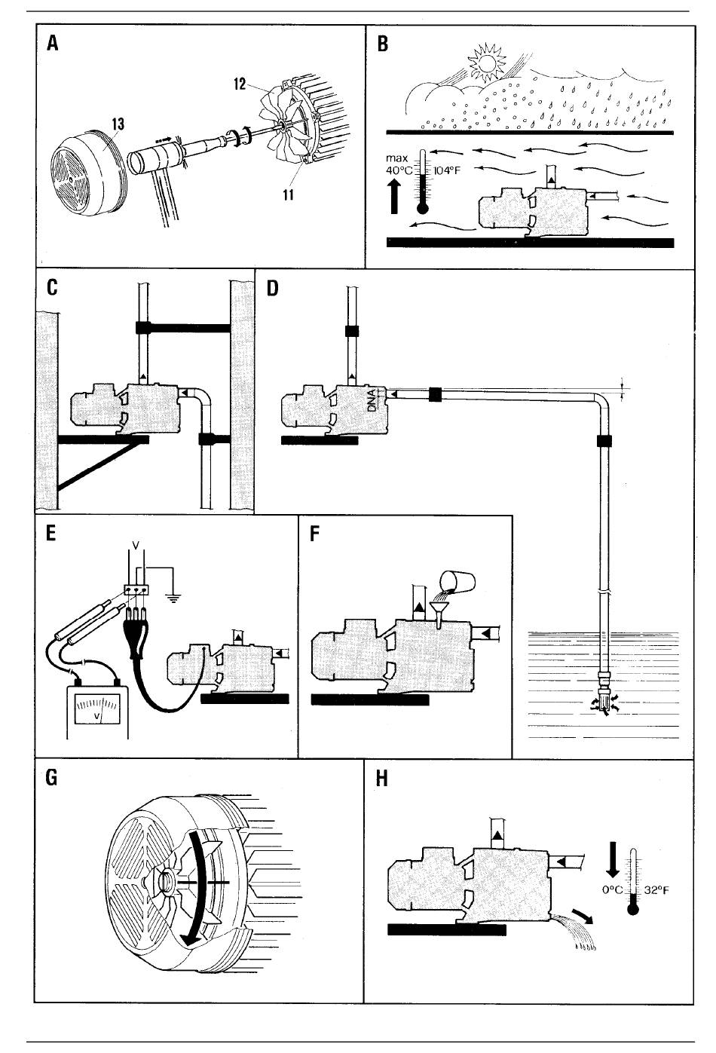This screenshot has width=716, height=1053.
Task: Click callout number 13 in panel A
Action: (118, 124)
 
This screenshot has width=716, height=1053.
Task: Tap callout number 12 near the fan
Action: (240, 84)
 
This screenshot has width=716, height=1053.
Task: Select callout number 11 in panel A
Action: (288, 194)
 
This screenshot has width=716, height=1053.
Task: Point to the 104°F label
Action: (446, 170)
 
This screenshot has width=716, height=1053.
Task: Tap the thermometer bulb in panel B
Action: (423, 208)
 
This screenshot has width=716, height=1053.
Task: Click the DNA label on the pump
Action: (372, 401)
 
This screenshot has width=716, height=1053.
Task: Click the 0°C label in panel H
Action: (613, 890)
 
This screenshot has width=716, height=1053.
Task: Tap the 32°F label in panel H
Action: (656, 890)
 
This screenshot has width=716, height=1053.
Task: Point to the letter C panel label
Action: (52, 288)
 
